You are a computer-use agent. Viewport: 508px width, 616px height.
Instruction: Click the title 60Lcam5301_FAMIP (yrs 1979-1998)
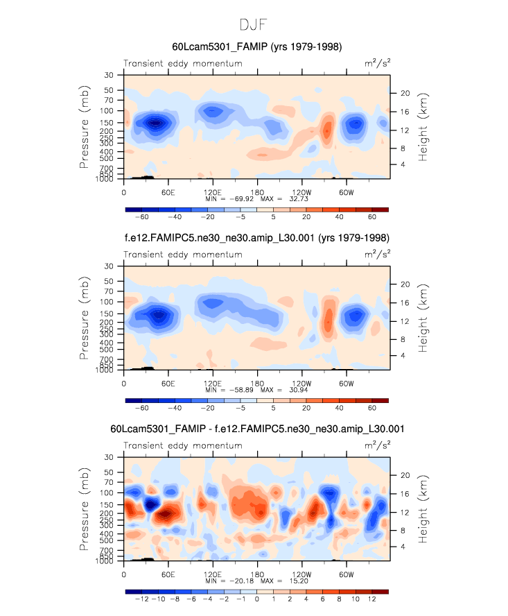click(256, 46)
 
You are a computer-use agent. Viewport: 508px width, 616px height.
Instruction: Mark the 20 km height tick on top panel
click(406, 93)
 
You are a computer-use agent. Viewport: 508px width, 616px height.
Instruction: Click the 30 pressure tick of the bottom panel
click(110, 457)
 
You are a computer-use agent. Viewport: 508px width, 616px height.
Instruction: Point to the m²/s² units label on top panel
click(377, 63)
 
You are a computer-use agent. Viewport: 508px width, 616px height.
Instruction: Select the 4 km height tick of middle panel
click(404, 355)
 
